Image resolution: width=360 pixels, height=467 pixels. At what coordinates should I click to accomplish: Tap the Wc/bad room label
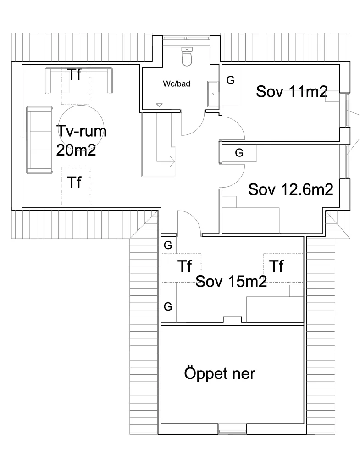[x=177, y=83]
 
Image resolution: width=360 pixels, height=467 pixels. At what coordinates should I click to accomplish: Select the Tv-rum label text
[x=81, y=131]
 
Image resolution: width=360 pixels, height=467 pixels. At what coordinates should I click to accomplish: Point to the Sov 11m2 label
[x=292, y=91]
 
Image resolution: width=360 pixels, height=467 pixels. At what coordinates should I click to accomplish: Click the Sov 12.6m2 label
[x=291, y=189]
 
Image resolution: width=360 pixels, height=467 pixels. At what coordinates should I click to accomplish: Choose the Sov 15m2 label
[x=231, y=281]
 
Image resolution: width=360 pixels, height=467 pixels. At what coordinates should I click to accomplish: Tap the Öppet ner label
[x=220, y=373]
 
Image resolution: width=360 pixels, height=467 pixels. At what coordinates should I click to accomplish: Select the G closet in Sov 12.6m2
[x=239, y=153]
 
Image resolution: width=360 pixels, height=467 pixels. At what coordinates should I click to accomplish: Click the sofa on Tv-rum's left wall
[x=39, y=139]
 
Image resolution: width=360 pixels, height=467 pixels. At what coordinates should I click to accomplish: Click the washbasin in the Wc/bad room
[x=213, y=94]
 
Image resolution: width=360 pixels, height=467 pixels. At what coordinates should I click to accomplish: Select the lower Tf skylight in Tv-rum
[x=76, y=186]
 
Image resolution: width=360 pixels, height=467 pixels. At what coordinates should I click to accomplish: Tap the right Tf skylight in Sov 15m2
[x=283, y=268]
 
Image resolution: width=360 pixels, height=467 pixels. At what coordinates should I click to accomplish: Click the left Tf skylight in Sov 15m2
[x=181, y=268]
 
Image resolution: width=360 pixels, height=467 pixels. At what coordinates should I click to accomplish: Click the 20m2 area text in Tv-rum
[x=76, y=150]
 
